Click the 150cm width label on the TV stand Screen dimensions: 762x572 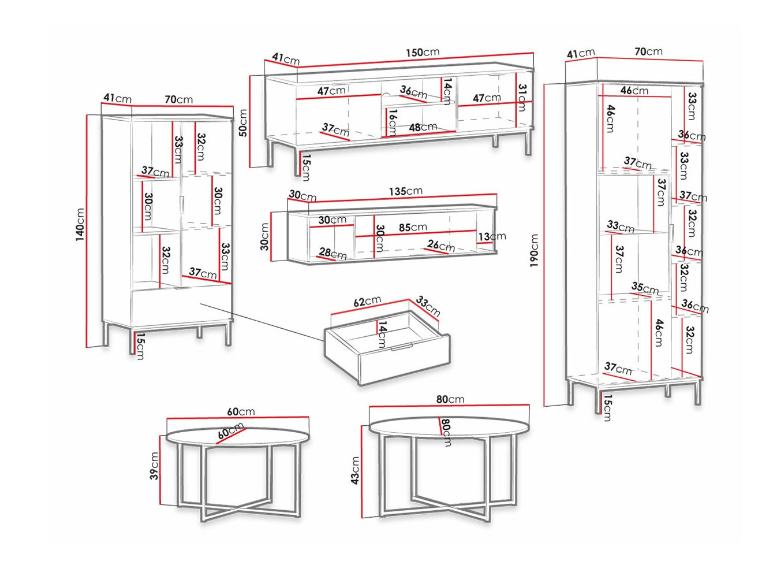422,53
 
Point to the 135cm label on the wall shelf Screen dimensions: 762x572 405,191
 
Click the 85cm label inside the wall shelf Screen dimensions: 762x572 413,228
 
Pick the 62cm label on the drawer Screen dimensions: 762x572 367,302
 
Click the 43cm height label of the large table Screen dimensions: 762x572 355,470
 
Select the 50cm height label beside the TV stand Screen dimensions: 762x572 243,122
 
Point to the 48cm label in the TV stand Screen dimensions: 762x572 423,127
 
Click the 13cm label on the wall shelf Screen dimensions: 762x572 492,236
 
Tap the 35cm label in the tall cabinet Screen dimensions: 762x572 645,287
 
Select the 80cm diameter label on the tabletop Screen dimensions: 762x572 446,432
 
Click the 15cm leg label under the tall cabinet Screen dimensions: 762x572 606,407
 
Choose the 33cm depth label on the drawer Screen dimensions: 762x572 428,306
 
